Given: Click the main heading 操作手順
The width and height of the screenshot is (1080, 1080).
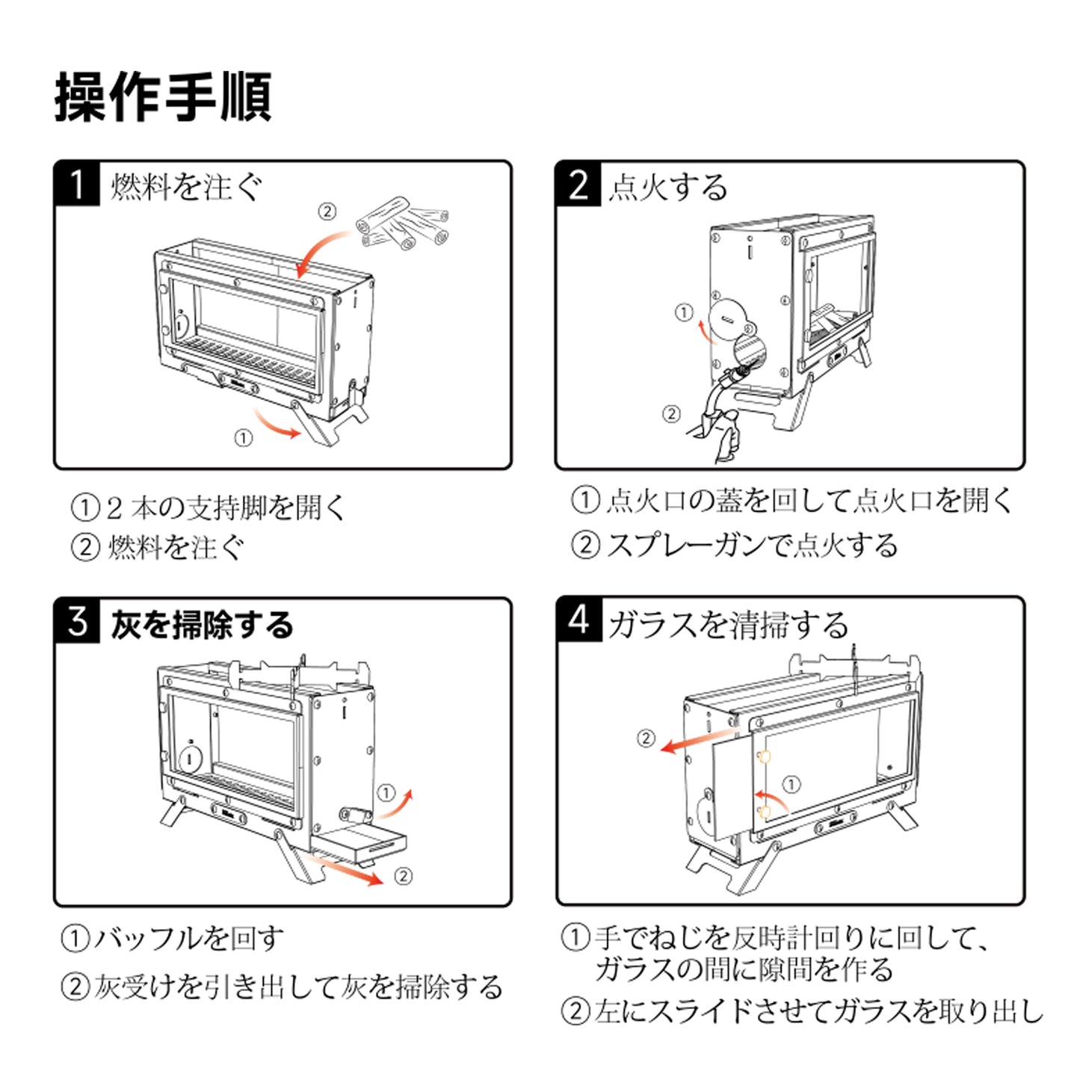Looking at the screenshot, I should pos(163,97).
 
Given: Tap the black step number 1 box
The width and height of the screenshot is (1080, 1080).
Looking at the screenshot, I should pos(77,184).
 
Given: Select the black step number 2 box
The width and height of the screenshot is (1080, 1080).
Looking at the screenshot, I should pos(578,184).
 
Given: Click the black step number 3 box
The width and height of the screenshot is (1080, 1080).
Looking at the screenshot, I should pos(77,621).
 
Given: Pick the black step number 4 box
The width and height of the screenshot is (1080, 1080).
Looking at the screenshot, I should pos(579,620).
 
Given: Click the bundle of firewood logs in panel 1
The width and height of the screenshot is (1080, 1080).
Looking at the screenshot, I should pos(404,223).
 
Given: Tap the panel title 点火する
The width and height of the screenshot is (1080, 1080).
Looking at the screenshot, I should pos(667,187).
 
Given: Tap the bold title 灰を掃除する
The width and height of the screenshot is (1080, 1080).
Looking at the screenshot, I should pos(202,625).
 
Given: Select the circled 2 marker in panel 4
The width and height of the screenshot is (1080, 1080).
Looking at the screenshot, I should pos(646,738).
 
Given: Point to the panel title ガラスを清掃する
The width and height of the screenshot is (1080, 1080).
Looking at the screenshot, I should pos(728,625).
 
